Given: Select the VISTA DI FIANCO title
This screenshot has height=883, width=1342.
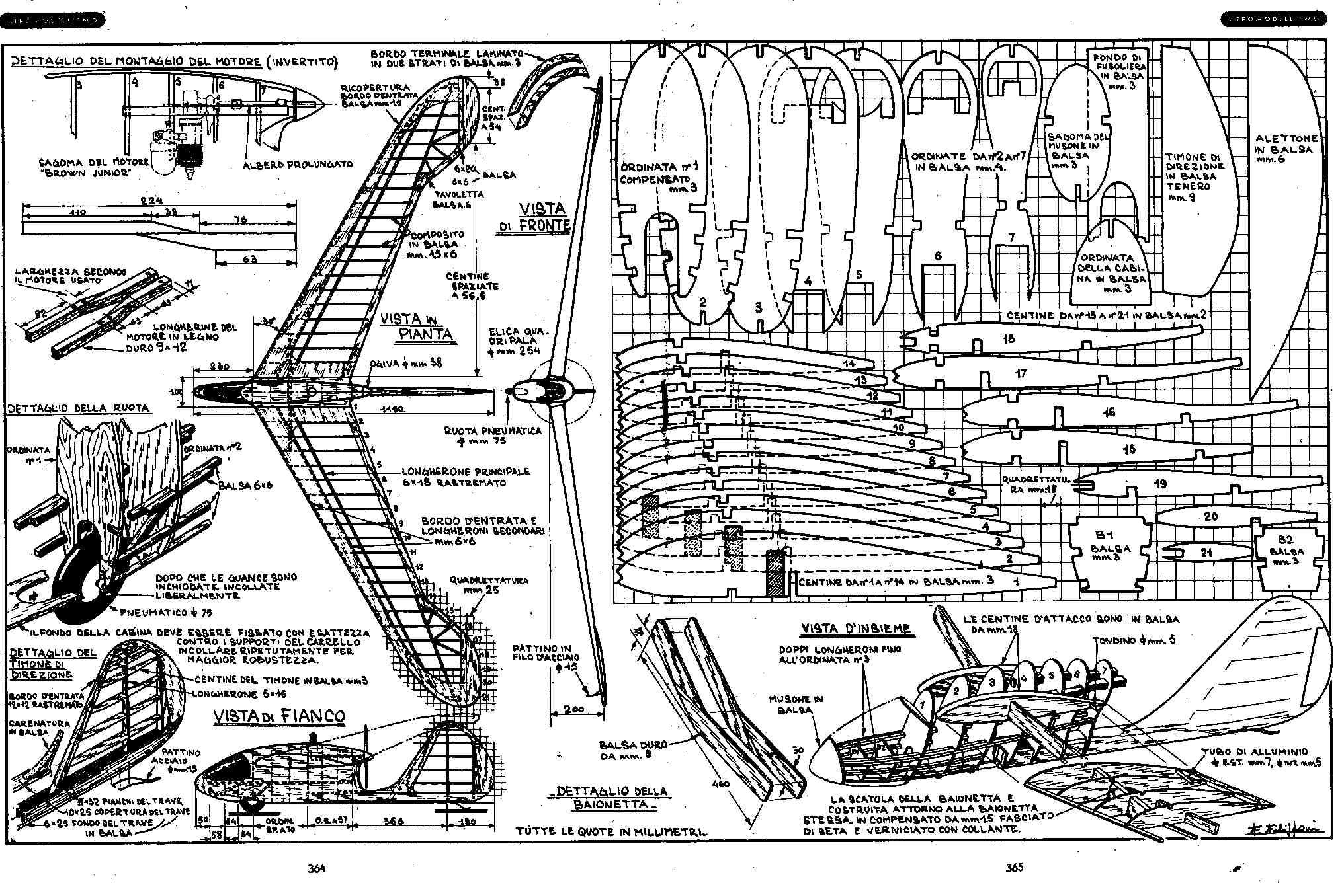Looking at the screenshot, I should pos(278,716).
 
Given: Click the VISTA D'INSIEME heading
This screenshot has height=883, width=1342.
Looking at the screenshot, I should pos(855,628).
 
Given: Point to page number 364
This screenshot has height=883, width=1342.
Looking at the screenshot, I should pos(317,868).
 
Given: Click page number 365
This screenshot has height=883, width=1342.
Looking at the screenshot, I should pos(1015,868).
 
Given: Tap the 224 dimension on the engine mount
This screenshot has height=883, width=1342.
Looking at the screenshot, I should pos(151,200).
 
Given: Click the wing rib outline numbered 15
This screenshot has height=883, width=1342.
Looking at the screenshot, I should pos(1124,449).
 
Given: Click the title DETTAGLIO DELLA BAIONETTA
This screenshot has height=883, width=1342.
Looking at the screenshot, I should pos(612,797).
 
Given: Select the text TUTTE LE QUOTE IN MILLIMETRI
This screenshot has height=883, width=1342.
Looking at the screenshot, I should pos(611,832).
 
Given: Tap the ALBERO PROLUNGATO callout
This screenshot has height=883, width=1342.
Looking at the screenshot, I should pos(298,165).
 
